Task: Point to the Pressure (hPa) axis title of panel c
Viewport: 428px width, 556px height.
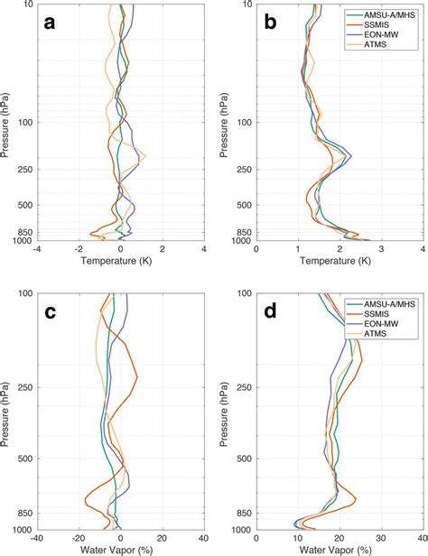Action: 7,411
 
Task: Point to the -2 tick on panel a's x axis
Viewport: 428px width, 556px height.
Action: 79,249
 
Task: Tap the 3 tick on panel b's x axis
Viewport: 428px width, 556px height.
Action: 382,249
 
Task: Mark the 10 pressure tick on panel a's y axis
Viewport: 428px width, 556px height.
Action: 26,5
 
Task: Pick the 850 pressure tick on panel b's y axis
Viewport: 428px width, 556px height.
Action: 244,231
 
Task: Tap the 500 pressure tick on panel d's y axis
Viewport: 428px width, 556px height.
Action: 244,459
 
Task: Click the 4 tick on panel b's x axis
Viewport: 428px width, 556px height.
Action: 423,249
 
